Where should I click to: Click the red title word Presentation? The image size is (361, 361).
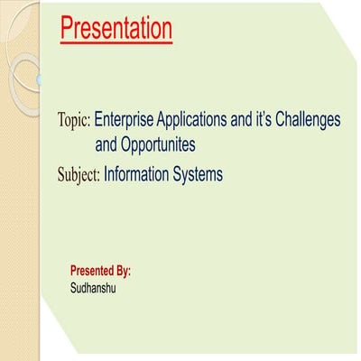point(116,30)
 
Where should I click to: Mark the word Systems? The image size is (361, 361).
point(199,172)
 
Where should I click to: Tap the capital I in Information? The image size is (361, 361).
point(106,172)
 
